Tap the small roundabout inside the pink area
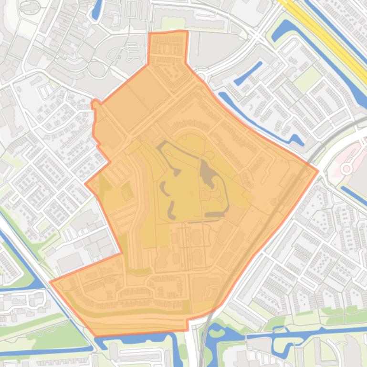tap(347, 168)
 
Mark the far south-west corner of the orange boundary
tap(51, 282)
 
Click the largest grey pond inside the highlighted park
tap(208, 174)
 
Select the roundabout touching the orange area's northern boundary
tap(201, 77)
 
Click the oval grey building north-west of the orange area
tap(97, 70)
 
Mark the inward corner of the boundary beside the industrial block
tap(122, 253)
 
